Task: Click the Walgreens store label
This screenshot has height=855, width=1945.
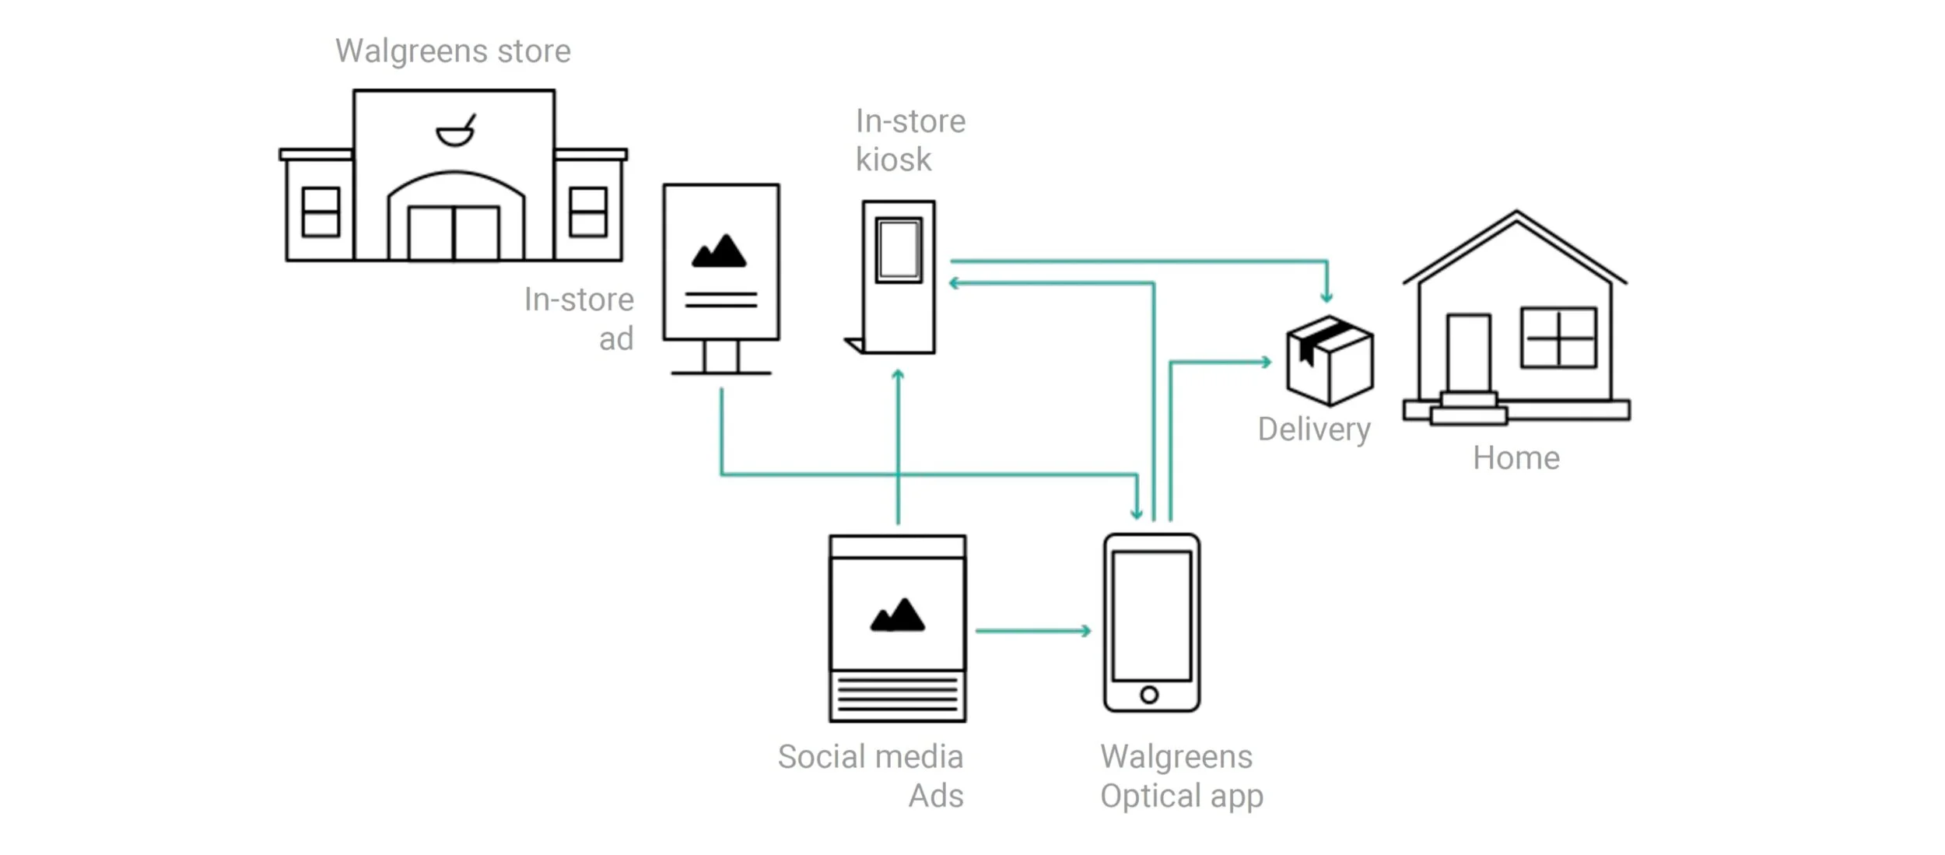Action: (453, 51)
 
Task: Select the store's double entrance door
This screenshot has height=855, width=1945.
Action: (454, 233)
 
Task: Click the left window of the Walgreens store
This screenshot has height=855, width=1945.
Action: (321, 212)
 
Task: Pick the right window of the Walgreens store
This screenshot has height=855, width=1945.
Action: (587, 212)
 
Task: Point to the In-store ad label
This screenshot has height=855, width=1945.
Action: (579, 318)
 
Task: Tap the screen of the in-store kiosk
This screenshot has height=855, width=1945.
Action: (899, 250)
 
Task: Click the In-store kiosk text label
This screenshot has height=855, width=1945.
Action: (909, 140)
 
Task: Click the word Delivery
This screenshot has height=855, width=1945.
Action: (1314, 429)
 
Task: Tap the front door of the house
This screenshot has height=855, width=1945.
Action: (1468, 354)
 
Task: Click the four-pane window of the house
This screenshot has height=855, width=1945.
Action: (1558, 338)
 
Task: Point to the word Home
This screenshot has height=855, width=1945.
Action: (1516, 458)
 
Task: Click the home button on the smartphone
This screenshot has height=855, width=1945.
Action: (1149, 695)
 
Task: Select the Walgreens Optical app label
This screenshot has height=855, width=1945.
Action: (1181, 776)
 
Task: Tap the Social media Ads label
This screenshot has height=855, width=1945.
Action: (871, 776)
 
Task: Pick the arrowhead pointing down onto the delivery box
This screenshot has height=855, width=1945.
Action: (1326, 296)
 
